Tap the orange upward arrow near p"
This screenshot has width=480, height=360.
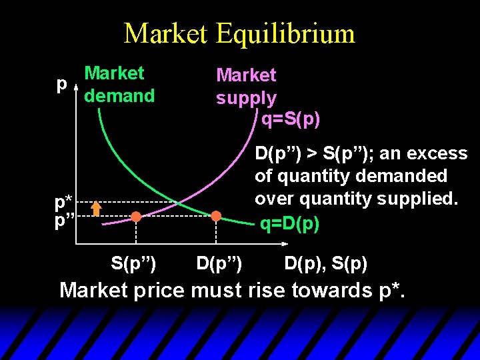point(96,209)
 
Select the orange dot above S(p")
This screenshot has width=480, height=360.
point(136,217)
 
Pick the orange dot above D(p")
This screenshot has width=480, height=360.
point(216,216)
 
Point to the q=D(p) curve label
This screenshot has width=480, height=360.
point(290,224)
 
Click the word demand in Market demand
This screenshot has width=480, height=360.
point(121,96)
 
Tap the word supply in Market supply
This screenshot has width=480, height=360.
point(246,98)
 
